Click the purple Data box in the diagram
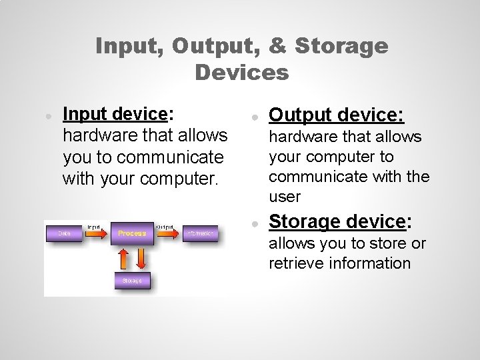tap(65, 233)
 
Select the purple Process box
tap(132, 233)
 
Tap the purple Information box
tap(198, 233)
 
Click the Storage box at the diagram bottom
tap(132, 281)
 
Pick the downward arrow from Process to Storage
tap(141, 257)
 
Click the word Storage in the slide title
tap(341, 45)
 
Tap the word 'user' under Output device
tap(285, 197)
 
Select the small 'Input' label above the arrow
tap(93, 227)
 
